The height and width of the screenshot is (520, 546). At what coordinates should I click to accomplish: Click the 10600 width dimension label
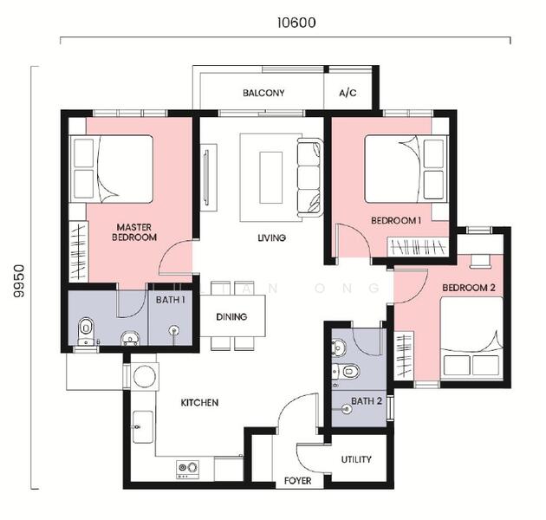click(296, 23)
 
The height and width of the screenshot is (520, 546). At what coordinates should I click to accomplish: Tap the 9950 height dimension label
click(19, 281)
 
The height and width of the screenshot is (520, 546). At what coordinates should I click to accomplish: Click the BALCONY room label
click(263, 93)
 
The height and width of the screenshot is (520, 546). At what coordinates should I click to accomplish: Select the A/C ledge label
click(348, 93)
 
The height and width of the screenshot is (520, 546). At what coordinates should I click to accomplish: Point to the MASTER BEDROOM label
click(134, 232)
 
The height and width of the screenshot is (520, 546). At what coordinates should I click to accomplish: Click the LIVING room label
click(272, 237)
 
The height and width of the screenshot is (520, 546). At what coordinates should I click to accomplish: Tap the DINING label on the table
click(231, 316)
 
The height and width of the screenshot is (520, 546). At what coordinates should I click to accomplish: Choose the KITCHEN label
click(199, 403)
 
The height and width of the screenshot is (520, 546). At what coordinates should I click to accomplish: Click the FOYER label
click(298, 481)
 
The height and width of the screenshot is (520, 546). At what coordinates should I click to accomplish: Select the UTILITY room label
click(356, 459)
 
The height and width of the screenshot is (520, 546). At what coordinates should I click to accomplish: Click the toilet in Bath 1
click(86, 331)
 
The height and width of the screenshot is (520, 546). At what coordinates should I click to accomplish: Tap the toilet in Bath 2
click(346, 372)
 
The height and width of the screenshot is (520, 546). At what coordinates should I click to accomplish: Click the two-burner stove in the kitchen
click(188, 469)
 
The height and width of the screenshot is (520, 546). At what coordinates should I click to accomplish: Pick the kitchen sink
click(143, 427)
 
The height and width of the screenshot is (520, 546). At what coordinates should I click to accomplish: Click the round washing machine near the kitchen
click(145, 376)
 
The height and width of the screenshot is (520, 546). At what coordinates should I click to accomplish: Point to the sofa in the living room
click(310, 178)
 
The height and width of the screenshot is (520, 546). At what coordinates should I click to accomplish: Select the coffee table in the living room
click(270, 178)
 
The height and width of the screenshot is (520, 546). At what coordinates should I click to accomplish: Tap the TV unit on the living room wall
click(209, 178)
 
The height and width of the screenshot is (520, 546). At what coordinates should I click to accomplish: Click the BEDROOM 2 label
click(469, 288)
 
